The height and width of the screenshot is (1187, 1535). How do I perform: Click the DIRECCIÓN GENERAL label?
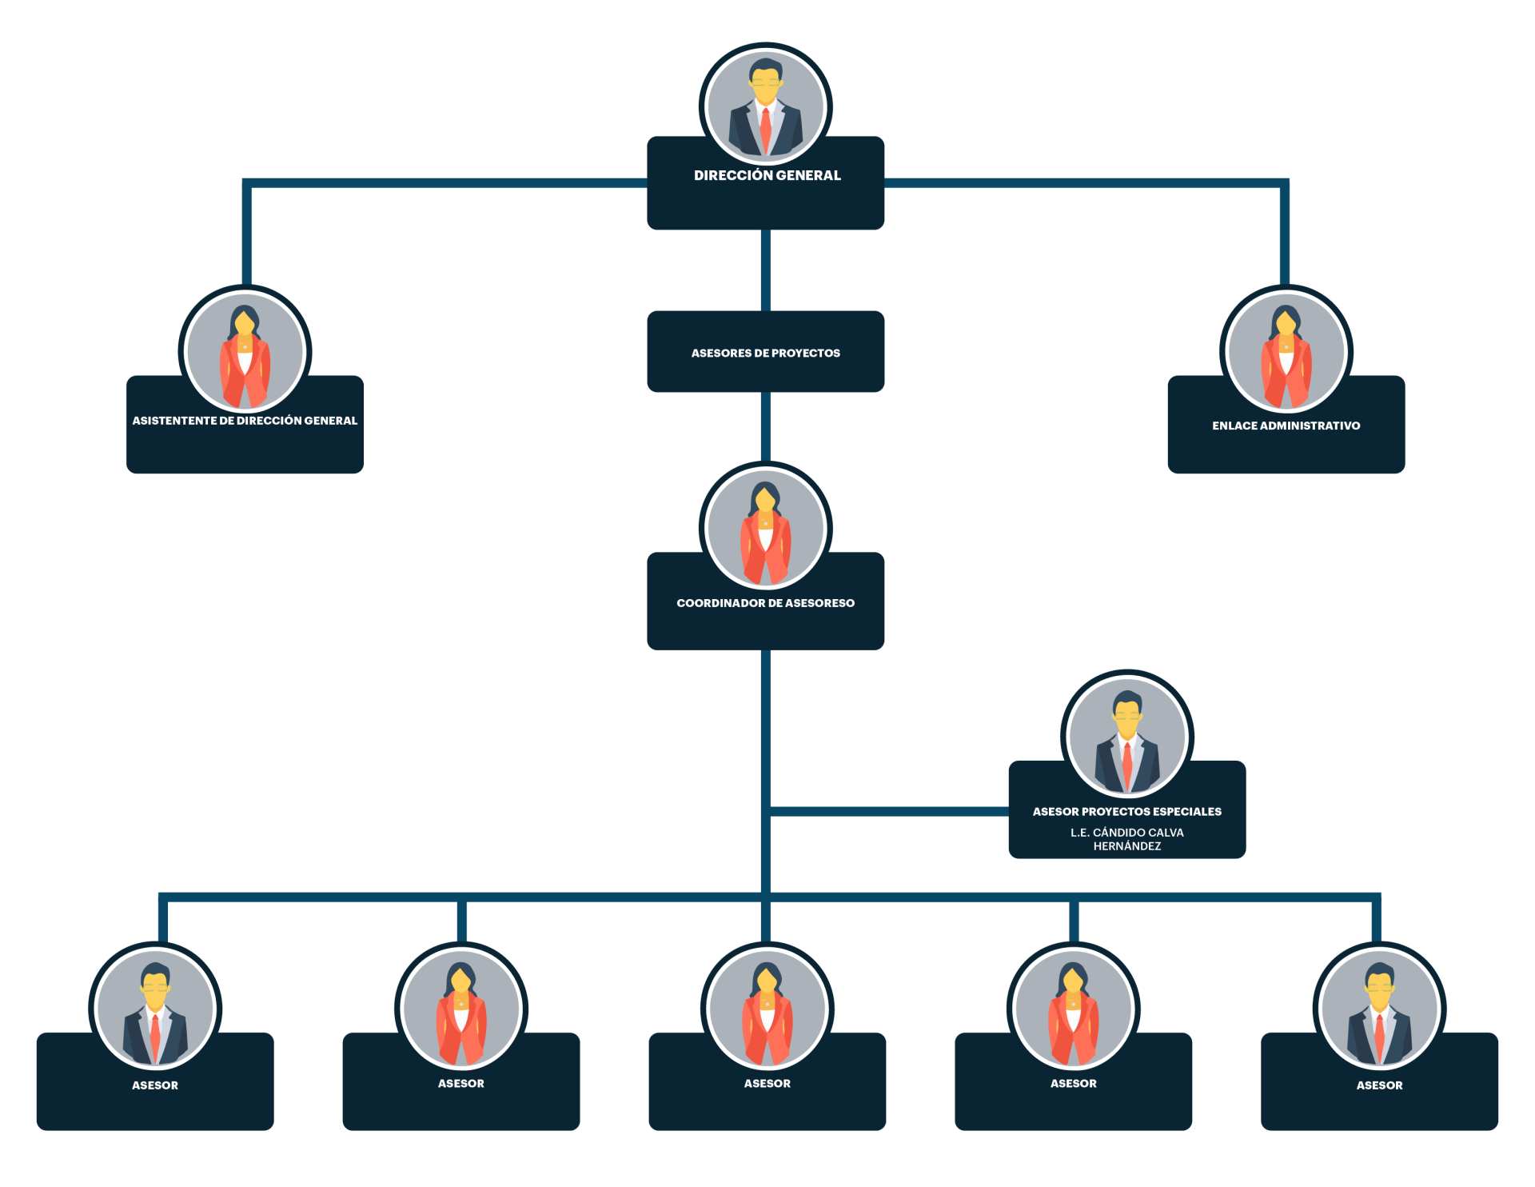click(x=767, y=175)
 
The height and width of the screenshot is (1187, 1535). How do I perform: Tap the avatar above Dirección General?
click(x=766, y=106)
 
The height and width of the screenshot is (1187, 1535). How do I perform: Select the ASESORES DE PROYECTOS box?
click(x=766, y=352)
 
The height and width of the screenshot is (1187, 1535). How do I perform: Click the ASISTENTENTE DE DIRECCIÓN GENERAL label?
click(x=245, y=421)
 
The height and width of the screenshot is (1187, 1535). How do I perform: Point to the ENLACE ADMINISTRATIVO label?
click(x=1286, y=426)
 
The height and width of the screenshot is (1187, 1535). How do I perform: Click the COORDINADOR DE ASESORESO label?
click(x=766, y=603)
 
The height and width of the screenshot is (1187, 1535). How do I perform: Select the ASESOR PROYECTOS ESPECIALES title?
click(x=1126, y=812)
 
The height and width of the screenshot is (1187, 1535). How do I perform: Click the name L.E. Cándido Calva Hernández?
click(x=1126, y=839)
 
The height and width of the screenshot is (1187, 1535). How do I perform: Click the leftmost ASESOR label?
click(x=155, y=1085)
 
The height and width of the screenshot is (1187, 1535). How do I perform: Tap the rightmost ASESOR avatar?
click(x=1379, y=1009)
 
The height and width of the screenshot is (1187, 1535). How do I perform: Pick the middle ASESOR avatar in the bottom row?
click(x=767, y=1009)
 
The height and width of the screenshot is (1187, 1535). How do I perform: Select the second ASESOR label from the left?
click(x=461, y=1084)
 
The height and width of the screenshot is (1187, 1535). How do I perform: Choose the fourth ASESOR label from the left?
click(x=1073, y=1084)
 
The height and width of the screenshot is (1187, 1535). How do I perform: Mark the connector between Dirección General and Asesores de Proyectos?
click(x=766, y=270)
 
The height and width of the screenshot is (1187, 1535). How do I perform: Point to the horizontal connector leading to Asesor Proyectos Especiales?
click(x=887, y=811)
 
